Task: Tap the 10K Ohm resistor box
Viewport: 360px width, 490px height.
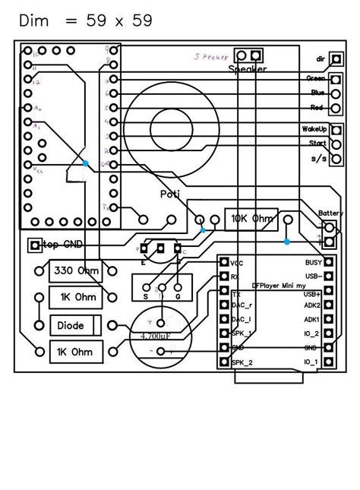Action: tap(251, 219)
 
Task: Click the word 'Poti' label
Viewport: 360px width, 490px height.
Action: tap(171, 194)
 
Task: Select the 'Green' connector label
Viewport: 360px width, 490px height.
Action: tap(316, 79)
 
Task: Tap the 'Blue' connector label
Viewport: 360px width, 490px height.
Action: tap(317, 93)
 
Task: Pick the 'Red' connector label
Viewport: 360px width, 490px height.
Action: tap(317, 107)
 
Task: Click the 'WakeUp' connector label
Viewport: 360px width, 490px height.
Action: tap(314, 129)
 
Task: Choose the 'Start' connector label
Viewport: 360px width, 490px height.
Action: tap(316, 143)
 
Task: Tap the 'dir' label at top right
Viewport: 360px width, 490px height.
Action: tap(321, 58)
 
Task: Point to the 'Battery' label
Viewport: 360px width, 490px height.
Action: tap(331, 213)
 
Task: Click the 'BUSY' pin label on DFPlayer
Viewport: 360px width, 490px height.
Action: tap(312, 261)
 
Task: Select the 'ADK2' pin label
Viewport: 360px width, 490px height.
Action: tap(312, 305)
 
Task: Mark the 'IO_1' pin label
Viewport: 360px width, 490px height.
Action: tap(312, 362)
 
